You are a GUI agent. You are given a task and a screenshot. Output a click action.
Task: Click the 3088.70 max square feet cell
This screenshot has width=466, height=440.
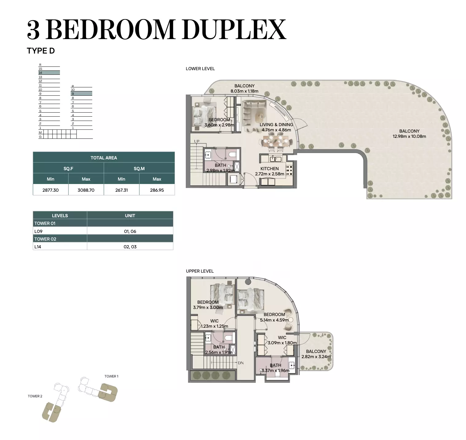86,190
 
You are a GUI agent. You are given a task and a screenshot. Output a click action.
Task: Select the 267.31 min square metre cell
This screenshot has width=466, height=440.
121,190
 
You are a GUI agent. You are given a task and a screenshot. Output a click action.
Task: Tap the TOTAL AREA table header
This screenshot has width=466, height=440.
104,158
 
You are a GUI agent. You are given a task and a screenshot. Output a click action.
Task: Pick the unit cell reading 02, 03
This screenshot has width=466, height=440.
130,247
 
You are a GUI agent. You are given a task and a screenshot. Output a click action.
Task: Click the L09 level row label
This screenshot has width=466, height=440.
38,231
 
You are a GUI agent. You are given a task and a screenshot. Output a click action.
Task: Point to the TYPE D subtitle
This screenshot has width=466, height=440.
41,51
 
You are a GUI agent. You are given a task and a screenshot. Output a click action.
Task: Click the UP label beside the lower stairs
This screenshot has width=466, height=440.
197,141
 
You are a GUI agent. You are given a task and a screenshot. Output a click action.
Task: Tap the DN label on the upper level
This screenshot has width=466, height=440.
241,363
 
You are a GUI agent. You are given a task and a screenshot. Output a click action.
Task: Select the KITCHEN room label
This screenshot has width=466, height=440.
269,169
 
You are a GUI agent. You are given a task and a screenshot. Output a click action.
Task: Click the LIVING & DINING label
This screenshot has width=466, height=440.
276,125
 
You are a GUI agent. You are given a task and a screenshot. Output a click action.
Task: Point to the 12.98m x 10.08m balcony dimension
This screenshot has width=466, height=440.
409,136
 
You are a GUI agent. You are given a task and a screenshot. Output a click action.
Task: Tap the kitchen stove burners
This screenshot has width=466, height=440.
289,170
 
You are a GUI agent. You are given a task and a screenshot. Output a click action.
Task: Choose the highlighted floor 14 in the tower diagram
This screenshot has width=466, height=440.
49,73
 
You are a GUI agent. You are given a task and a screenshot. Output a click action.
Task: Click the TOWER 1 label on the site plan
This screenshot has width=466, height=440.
111,376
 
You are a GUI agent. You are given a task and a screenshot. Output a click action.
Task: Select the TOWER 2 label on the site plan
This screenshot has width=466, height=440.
35,396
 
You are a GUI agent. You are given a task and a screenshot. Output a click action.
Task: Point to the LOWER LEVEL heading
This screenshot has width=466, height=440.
200,69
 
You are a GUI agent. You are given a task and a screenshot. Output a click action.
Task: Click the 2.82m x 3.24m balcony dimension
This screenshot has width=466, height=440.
316,356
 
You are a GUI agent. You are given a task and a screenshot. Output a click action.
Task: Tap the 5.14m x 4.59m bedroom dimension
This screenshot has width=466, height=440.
274,320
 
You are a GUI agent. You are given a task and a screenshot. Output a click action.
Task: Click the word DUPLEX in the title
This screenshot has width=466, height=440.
234,30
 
